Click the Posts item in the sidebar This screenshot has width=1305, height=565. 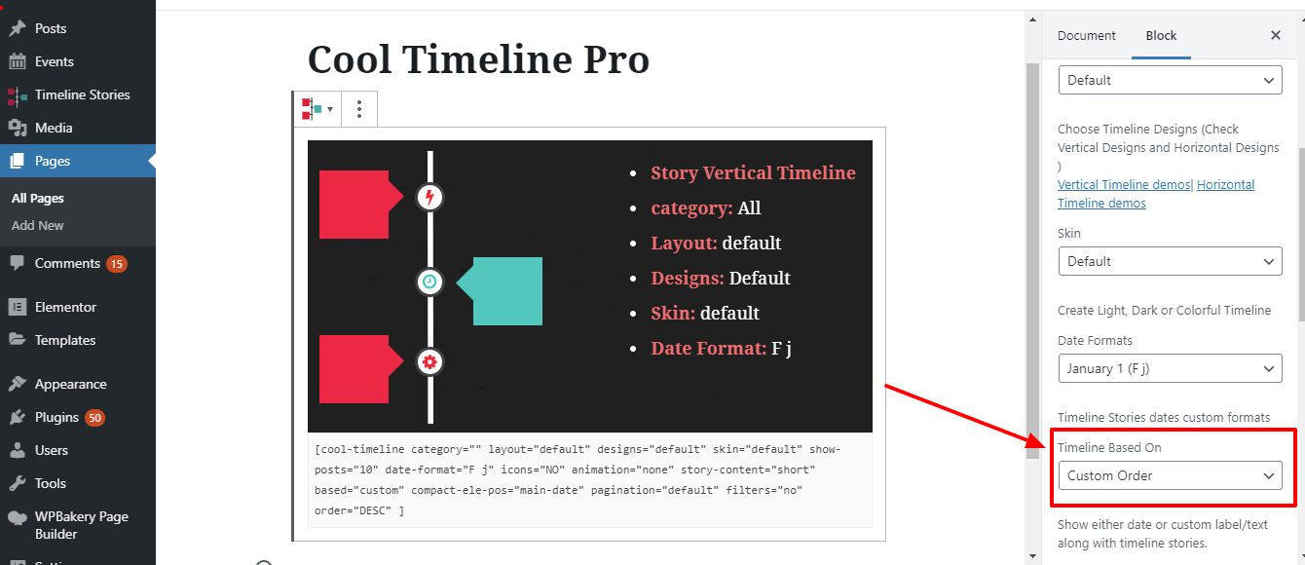(x=50, y=28)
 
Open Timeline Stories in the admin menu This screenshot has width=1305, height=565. (x=82, y=94)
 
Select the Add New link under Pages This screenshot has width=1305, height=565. (x=38, y=225)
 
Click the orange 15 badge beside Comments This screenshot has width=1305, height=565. (x=117, y=263)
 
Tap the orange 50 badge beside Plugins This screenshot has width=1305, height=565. (x=94, y=417)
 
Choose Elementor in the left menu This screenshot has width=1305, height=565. (x=65, y=307)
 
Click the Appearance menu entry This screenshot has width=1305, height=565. (x=70, y=384)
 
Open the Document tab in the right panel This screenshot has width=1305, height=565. (x=1086, y=35)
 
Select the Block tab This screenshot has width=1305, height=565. (x=1161, y=35)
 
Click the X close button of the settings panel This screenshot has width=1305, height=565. (x=1276, y=35)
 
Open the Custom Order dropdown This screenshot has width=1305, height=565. (x=1170, y=475)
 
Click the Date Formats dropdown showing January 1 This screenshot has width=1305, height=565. (x=1170, y=368)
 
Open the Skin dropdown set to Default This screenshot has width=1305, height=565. (x=1170, y=261)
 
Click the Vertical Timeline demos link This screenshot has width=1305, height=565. (x=1124, y=185)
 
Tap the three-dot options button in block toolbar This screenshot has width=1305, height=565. (x=359, y=109)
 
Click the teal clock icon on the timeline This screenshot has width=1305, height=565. (x=429, y=282)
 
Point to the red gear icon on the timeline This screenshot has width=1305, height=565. (x=429, y=362)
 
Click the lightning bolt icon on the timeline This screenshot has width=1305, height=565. (x=429, y=198)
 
